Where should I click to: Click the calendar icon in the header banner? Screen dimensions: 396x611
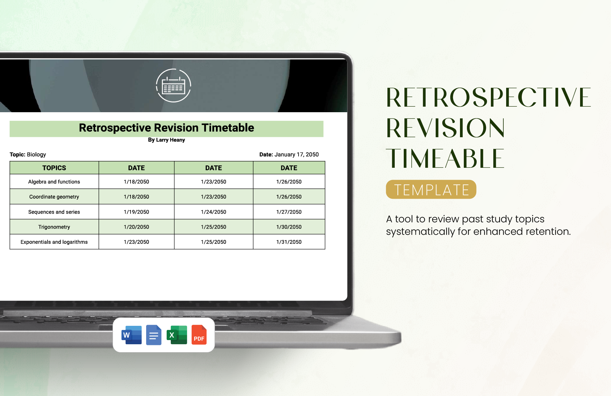[173, 85]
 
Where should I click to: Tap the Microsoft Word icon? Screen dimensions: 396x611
[132, 335]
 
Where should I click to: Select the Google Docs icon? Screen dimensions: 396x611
[154, 335]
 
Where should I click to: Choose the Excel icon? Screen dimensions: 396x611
[177, 335]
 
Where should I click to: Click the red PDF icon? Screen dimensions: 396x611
[199, 335]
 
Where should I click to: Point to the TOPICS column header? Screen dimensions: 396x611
[54, 168]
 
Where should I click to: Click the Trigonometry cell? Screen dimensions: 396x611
[54, 227]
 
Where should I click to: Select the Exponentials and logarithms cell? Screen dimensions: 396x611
[54, 242]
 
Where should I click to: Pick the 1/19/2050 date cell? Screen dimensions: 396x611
[136, 212]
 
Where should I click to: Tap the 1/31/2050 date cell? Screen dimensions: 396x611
[289, 242]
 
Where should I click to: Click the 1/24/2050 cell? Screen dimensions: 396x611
[214, 212]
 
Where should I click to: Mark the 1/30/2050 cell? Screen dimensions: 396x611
[289, 227]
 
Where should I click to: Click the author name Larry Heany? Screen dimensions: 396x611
[170, 140]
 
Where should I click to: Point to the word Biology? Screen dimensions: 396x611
[36, 155]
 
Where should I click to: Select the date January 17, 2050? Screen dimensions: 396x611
[296, 155]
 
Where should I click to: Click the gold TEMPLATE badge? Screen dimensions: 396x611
[431, 190]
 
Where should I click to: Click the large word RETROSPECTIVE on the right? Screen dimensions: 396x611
[488, 98]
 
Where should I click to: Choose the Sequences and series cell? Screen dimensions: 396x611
[54, 212]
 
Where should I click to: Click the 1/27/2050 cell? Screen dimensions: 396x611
[289, 212]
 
